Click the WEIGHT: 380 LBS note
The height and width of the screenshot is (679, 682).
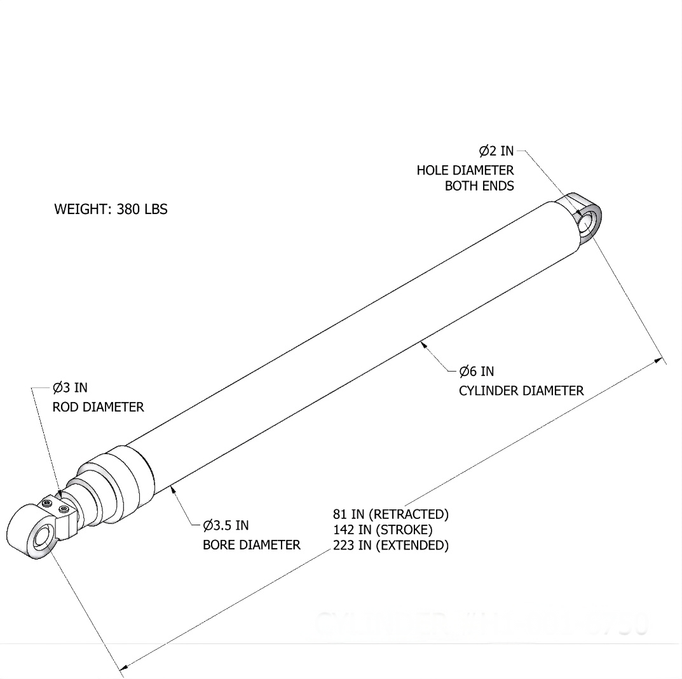[x=111, y=209]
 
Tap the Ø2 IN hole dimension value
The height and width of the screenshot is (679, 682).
[x=496, y=151]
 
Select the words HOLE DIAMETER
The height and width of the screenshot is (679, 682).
[x=465, y=170]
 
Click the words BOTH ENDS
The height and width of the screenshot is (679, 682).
[x=479, y=186]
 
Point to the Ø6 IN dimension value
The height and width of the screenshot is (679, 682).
[x=476, y=371]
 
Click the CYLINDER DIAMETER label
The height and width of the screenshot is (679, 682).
[x=521, y=391]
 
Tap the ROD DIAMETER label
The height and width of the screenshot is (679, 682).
[x=98, y=407]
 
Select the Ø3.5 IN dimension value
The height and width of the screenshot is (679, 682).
[x=226, y=525]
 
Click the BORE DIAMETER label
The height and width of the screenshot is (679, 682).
[x=251, y=545]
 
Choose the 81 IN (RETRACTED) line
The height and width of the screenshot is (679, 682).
[x=390, y=513]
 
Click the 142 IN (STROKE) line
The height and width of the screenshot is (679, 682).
[x=382, y=529]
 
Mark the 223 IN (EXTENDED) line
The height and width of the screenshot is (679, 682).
[x=390, y=545]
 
